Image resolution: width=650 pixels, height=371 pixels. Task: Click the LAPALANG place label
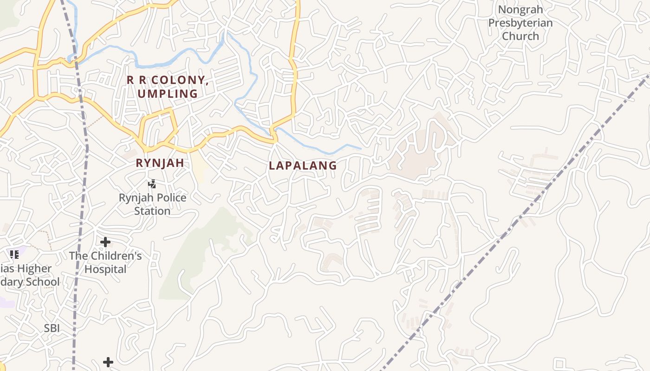303,166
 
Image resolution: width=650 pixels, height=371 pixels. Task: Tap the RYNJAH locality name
160,163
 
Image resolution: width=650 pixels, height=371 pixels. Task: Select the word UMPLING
168,94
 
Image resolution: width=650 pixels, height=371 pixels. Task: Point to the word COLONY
178,80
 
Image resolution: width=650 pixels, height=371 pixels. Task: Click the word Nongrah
520,10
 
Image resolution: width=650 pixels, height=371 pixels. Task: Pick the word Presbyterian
520,23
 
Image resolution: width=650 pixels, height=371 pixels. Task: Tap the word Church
520,36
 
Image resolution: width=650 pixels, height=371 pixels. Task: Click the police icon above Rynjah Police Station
152,184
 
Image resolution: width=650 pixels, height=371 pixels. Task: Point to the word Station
152,211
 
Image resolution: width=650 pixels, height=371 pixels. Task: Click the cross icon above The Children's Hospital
105,242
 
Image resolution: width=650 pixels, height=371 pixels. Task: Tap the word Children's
119,256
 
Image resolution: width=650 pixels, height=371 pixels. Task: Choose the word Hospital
105,269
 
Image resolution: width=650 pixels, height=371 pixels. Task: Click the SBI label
52,328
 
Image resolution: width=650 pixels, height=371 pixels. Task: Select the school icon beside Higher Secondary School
14,254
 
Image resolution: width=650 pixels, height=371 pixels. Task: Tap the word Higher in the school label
36,269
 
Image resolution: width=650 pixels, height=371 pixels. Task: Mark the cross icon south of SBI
108,362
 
